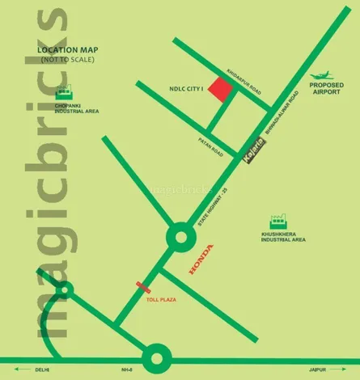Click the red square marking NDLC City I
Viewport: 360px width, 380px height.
pyautogui.click(x=220, y=91)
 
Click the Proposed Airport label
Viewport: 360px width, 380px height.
pyautogui.click(x=328, y=87)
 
